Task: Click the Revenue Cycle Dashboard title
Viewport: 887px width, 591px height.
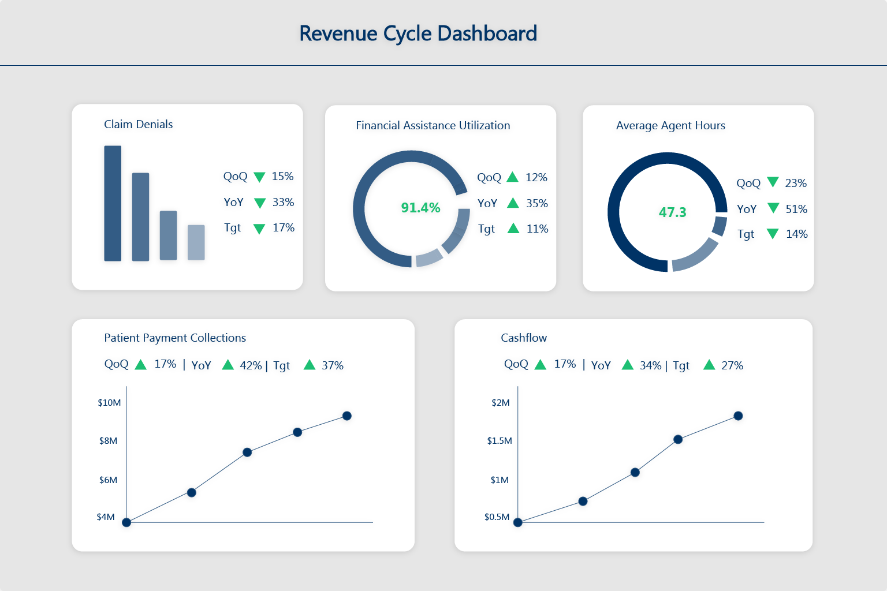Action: (418, 33)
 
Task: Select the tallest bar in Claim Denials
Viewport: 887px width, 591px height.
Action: (113, 203)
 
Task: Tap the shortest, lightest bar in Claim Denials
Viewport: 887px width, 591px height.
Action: (196, 242)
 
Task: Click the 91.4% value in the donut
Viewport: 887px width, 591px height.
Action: (420, 208)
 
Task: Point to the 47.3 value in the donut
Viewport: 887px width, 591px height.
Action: (672, 212)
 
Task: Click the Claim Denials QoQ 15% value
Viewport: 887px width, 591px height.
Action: (282, 176)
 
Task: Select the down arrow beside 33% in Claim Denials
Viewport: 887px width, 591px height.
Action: (260, 203)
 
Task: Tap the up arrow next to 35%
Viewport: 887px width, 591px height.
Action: (513, 203)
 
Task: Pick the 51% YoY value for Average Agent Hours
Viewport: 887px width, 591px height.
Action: (796, 209)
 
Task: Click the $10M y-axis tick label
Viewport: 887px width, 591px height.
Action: (109, 403)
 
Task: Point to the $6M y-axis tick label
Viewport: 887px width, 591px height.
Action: (108, 480)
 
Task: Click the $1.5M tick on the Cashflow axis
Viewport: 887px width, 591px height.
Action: (500, 441)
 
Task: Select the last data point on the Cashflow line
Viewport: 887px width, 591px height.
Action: (738, 416)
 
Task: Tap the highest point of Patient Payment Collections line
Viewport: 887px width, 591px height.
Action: (346, 416)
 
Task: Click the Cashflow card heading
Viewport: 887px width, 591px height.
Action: (524, 338)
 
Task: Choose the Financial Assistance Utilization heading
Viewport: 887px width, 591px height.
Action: (433, 125)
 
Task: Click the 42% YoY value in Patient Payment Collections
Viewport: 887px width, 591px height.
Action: (251, 365)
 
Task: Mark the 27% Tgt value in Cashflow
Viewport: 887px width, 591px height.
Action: (732, 365)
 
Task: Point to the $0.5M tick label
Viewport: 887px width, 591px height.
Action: (497, 517)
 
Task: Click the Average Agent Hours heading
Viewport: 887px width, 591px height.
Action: (670, 125)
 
